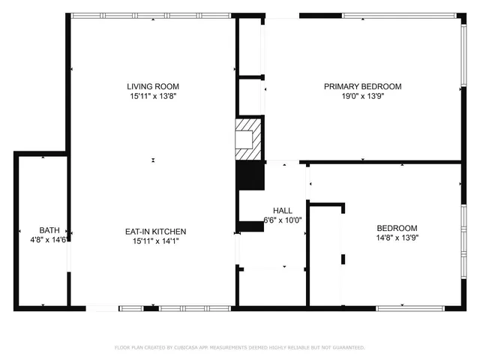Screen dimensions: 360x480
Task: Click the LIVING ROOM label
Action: point(152,86)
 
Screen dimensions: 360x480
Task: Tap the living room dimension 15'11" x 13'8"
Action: point(152,96)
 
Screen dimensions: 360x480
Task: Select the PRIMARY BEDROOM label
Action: point(362,86)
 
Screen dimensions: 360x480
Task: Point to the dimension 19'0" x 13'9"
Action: point(362,96)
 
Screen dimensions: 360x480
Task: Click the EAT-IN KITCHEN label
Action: point(155,231)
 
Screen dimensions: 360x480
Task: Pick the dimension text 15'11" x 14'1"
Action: point(155,241)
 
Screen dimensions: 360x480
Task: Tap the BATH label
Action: point(49,229)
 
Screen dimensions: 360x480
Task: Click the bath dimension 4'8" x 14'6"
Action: point(49,239)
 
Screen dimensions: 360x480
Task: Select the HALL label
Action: point(283,211)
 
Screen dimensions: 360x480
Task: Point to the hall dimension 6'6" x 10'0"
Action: point(283,220)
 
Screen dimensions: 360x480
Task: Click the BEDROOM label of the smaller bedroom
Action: point(397,228)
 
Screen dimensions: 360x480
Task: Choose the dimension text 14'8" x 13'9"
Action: point(397,238)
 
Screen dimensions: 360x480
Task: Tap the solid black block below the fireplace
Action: point(250,176)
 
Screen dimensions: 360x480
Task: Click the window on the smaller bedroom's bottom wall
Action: point(417,307)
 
